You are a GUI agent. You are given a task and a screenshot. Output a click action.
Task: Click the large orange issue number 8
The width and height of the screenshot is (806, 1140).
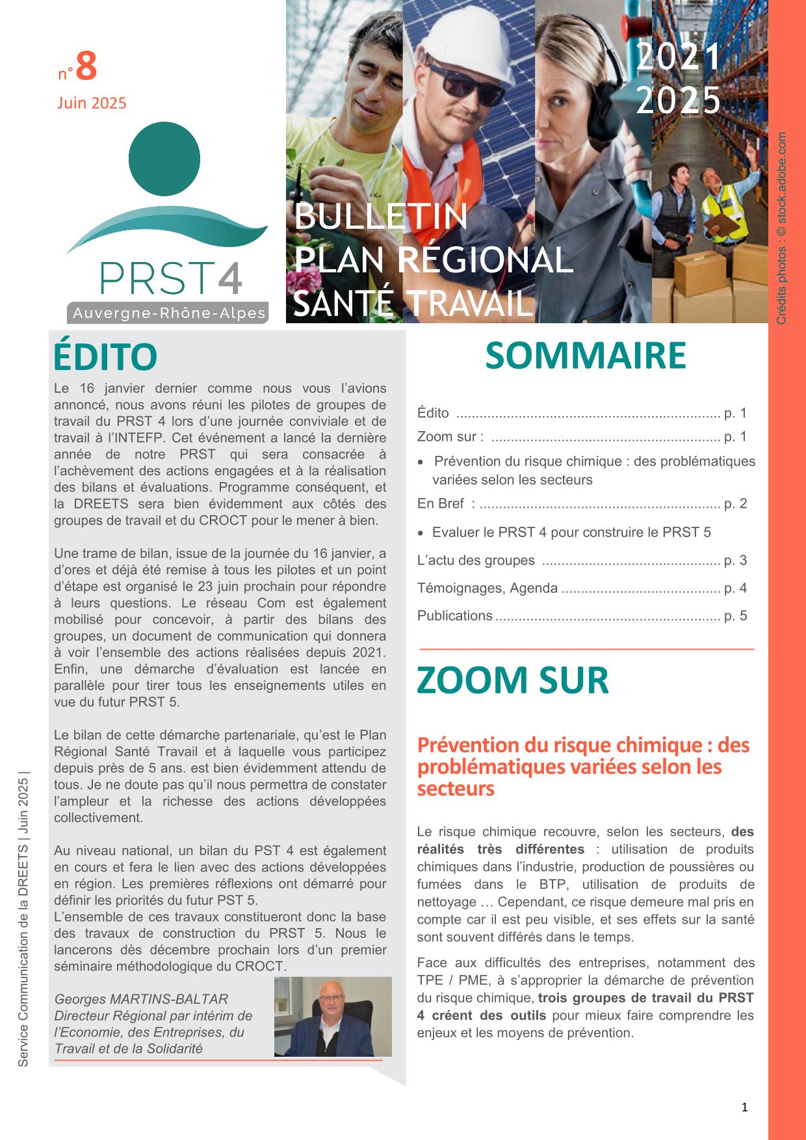tap(86, 66)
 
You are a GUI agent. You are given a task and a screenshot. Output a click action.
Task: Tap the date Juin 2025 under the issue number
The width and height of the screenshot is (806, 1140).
tap(92, 103)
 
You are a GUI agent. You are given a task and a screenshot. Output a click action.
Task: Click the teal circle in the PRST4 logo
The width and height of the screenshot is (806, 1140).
tap(164, 159)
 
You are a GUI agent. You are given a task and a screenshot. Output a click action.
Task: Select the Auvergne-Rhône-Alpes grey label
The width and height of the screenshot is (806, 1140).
tap(168, 313)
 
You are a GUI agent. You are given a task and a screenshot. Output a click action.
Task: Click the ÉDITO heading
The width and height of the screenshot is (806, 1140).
tap(105, 357)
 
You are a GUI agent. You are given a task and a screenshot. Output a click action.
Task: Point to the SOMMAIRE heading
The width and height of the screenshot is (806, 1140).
tap(586, 356)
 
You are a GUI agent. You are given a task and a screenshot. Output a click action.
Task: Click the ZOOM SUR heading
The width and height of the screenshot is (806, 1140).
tap(513, 680)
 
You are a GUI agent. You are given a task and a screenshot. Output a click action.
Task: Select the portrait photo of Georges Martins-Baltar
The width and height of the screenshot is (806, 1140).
tap(333, 1016)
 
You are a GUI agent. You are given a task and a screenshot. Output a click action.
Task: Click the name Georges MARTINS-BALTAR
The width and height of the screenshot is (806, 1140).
tap(141, 999)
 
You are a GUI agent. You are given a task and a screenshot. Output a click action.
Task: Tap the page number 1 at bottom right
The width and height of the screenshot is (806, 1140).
tap(745, 1107)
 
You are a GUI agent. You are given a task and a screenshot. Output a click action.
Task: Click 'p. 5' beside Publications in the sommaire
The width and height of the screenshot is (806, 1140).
tap(735, 616)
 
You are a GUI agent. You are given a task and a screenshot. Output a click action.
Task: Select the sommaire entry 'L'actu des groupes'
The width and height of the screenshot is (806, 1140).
tap(476, 561)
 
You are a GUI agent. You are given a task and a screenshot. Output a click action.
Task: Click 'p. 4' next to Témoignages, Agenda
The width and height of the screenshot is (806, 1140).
tap(735, 589)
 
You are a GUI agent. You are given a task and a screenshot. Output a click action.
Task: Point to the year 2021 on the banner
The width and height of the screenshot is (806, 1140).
tap(679, 57)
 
